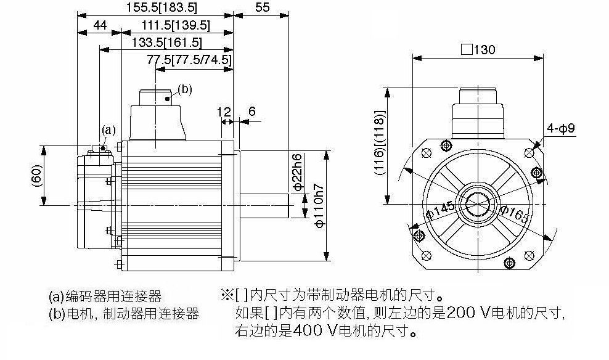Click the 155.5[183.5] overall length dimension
tap(161, 7)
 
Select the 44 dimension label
tap(100, 25)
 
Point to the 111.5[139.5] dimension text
tap(176, 26)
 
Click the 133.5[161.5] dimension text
tap(167, 43)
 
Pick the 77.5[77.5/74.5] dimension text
tap(189, 60)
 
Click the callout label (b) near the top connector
tap(185, 89)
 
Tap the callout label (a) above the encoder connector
tap(108, 129)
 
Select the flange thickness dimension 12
tap(224, 112)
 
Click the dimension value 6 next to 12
tap(252, 112)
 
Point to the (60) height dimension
tap(36, 176)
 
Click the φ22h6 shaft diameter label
tap(297, 173)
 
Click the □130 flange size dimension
tap(478, 50)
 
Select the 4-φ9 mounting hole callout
tap(561, 128)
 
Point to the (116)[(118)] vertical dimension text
tap(381, 143)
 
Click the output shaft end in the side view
tap(288, 205)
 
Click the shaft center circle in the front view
tap(478, 204)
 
